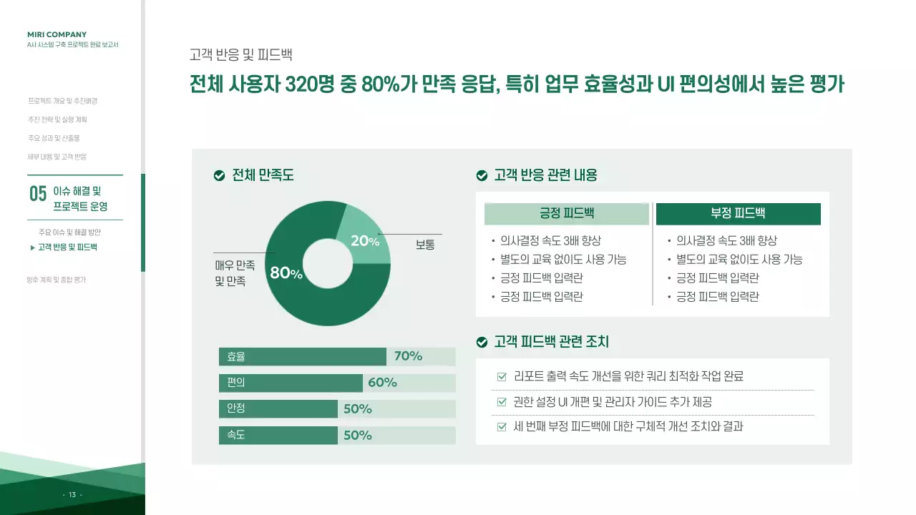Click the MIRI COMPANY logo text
[x=57, y=34]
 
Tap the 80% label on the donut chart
[x=286, y=273]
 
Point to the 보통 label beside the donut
[x=425, y=245]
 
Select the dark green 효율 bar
[x=302, y=356]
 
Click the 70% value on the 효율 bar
[x=408, y=356]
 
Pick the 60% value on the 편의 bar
[x=382, y=383]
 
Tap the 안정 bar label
[x=236, y=408]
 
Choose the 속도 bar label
[x=236, y=435]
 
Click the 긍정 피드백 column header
[x=566, y=214]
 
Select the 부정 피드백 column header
[x=738, y=214]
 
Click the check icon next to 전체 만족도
[x=220, y=175]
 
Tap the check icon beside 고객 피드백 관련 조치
[x=482, y=343]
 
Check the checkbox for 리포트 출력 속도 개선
[x=502, y=376]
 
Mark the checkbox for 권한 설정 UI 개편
[x=502, y=402]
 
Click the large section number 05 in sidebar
[x=38, y=194]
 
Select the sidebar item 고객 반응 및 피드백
[x=67, y=247]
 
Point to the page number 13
[x=72, y=494]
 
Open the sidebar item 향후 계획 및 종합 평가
[x=57, y=280]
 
